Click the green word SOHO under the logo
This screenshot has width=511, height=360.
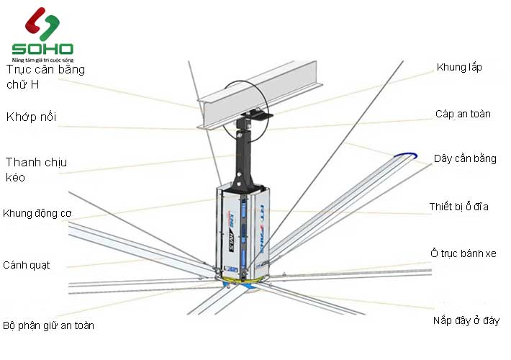click(x=42, y=49)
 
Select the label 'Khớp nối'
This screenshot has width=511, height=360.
click(x=31, y=117)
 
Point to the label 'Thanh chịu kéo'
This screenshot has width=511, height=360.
click(x=36, y=169)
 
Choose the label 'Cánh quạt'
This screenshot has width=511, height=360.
click(x=27, y=264)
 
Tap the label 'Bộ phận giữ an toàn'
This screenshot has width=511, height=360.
click(x=49, y=325)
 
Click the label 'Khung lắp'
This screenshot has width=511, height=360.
click(x=459, y=68)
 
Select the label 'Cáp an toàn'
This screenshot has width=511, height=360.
click(x=463, y=114)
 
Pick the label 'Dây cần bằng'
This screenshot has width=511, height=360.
click(x=465, y=158)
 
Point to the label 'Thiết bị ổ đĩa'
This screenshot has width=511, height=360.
click(x=459, y=207)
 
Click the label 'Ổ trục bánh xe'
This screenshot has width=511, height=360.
click(x=463, y=253)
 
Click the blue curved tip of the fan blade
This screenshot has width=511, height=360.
click(x=404, y=154)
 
